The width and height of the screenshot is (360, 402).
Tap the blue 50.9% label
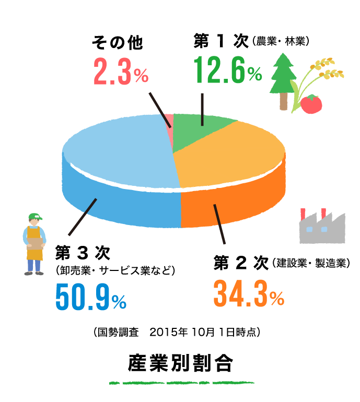[x=90, y=298]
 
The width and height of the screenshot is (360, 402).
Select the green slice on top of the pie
[x=199, y=131]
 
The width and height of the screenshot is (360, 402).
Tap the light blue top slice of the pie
[x=120, y=151]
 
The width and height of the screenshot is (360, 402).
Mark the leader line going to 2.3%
[x=159, y=110]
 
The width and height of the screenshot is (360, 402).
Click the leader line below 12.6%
[x=202, y=110]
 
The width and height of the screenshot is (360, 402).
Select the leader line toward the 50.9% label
[x=82, y=217]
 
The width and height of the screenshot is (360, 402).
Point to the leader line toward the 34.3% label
[x=220, y=224]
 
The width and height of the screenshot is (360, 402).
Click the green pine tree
[x=283, y=76]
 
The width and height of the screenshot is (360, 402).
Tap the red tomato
[x=311, y=104]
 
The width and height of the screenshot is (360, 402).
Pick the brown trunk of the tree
[x=283, y=102]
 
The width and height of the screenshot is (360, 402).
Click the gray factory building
[x=322, y=230]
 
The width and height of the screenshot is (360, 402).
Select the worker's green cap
[x=34, y=216]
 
